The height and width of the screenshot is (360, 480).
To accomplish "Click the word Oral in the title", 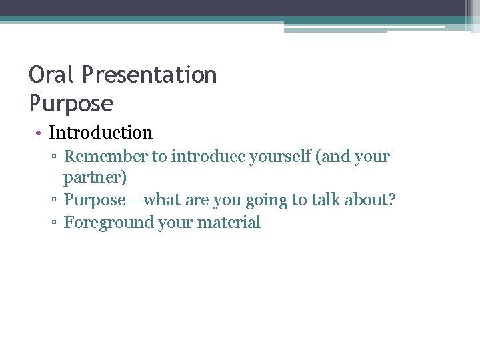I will click(53, 75).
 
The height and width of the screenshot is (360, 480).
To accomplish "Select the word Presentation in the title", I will click(150, 75).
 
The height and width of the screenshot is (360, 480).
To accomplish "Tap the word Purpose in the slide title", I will click(71, 103).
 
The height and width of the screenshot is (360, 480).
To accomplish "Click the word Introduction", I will click(101, 133).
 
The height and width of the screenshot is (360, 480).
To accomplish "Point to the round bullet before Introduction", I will click(39, 133).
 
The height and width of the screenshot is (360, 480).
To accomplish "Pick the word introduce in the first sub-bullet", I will click(203, 157).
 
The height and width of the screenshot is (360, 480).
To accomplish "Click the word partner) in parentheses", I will click(95, 178).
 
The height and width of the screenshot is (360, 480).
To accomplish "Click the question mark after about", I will click(391, 200).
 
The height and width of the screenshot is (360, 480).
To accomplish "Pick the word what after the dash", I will click(161, 200).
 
